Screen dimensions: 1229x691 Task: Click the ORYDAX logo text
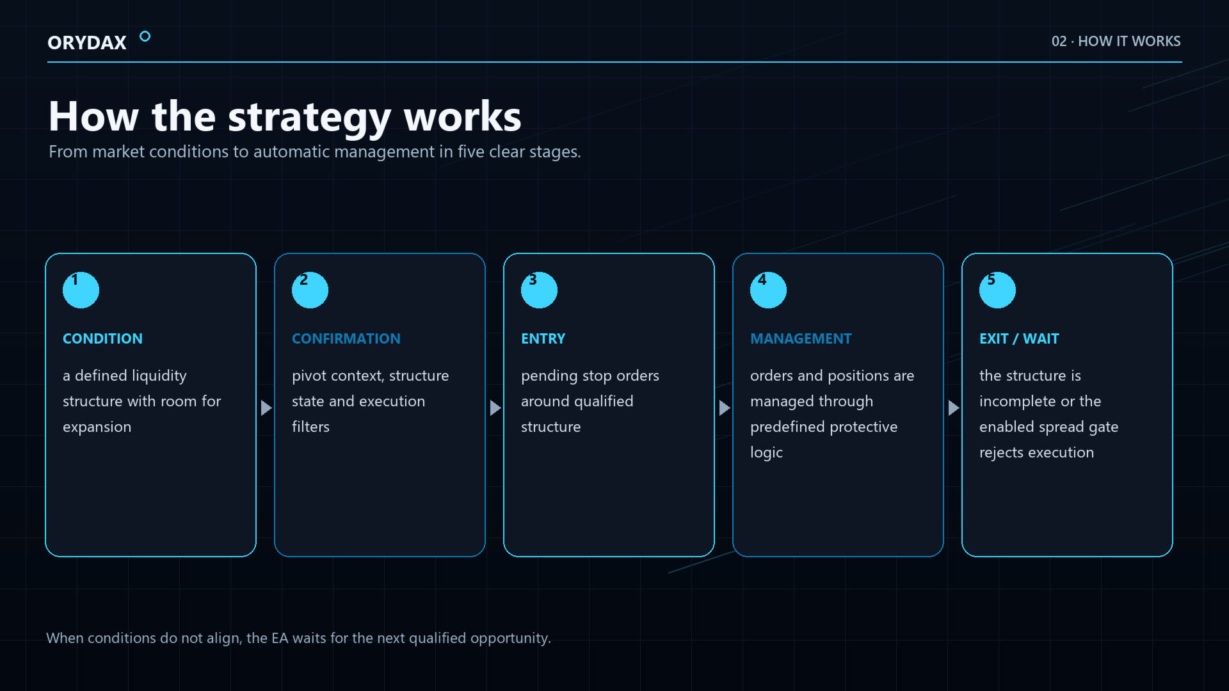[x=87, y=42]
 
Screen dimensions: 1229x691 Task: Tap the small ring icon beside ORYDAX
[x=145, y=36]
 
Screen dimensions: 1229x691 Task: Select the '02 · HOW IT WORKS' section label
[x=1116, y=41]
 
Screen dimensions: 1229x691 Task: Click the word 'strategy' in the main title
[x=309, y=118]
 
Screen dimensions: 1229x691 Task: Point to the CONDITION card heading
[x=102, y=338]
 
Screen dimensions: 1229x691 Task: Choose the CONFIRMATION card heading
[x=346, y=338]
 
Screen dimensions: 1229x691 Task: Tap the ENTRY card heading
[x=543, y=338]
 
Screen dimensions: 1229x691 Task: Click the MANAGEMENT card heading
[x=801, y=338]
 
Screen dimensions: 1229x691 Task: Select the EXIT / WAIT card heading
[x=1019, y=338]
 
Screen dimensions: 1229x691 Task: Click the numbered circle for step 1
[x=81, y=290]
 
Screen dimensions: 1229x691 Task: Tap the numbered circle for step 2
[x=310, y=290]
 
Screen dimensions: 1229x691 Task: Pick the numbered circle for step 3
[x=539, y=290]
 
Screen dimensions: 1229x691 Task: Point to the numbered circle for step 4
[x=768, y=290]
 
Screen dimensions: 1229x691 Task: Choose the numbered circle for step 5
[x=997, y=290]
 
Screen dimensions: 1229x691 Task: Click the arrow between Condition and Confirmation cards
[x=266, y=408]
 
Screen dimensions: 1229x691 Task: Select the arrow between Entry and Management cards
[x=725, y=408]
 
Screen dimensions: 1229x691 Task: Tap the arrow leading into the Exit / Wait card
[x=954, y=408]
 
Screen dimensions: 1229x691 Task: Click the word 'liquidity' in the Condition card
[x=159, y=376]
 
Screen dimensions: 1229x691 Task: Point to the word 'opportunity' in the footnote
[x=510, y=638]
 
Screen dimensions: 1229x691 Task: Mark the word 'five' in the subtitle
[x=471, y=152]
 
